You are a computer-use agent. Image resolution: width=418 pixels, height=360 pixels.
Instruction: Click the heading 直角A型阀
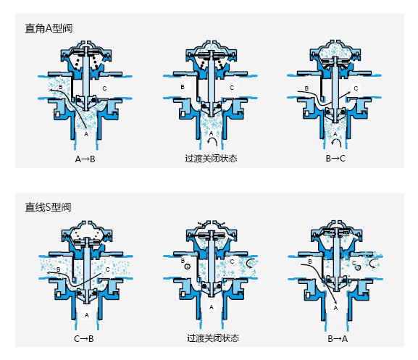(49, 28)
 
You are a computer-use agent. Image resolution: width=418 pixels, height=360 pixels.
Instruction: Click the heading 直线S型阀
(48, 207)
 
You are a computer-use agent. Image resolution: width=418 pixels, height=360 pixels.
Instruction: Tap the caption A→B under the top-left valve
(85, 159)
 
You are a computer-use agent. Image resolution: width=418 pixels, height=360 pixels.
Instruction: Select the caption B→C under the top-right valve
(335, 159)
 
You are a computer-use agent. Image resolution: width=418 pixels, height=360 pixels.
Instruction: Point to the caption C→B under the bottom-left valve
(84, 339)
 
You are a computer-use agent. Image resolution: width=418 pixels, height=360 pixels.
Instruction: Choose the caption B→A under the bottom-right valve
(338, 339)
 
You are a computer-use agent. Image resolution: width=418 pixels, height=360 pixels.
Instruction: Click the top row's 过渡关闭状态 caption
(211, 159)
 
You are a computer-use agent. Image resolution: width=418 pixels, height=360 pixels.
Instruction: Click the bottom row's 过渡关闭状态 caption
(213, 338)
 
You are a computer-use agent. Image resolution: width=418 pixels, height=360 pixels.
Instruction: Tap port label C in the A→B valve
(104, 88)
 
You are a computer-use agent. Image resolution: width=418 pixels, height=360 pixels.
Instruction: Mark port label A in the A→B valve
(86, 134)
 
